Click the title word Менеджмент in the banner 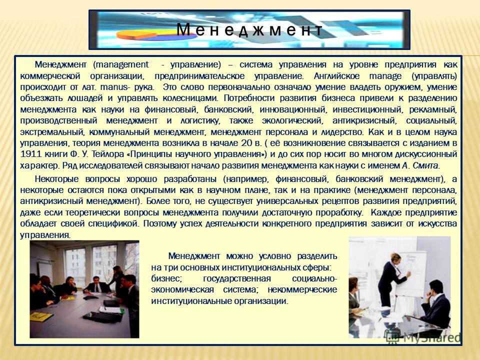point(249,30)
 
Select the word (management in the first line point(121,65)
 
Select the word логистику point(200,121)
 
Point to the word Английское point(336,76)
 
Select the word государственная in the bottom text point(237,279)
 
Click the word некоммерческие point(302,289)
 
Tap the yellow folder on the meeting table point(40,316)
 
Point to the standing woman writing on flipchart point(391,279)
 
